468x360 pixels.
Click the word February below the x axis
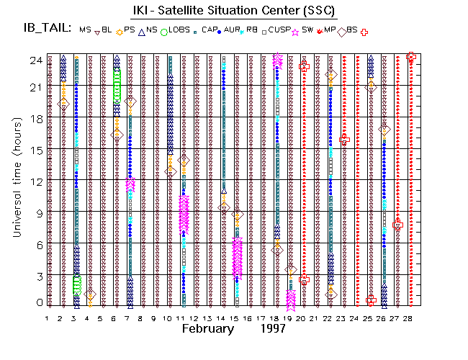(x=207, y=328)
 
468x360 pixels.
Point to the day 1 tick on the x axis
(x=48, y=318)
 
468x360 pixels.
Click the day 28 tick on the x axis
(x=410, y=318)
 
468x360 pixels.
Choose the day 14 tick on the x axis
(x=223, y=318)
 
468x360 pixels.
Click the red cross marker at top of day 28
(x=411, y=57)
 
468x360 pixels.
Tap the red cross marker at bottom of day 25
(x=371, y=300)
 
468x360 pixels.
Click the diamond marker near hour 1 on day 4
(x=89, y=294)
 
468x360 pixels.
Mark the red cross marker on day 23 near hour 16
(x=344, y=139)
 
